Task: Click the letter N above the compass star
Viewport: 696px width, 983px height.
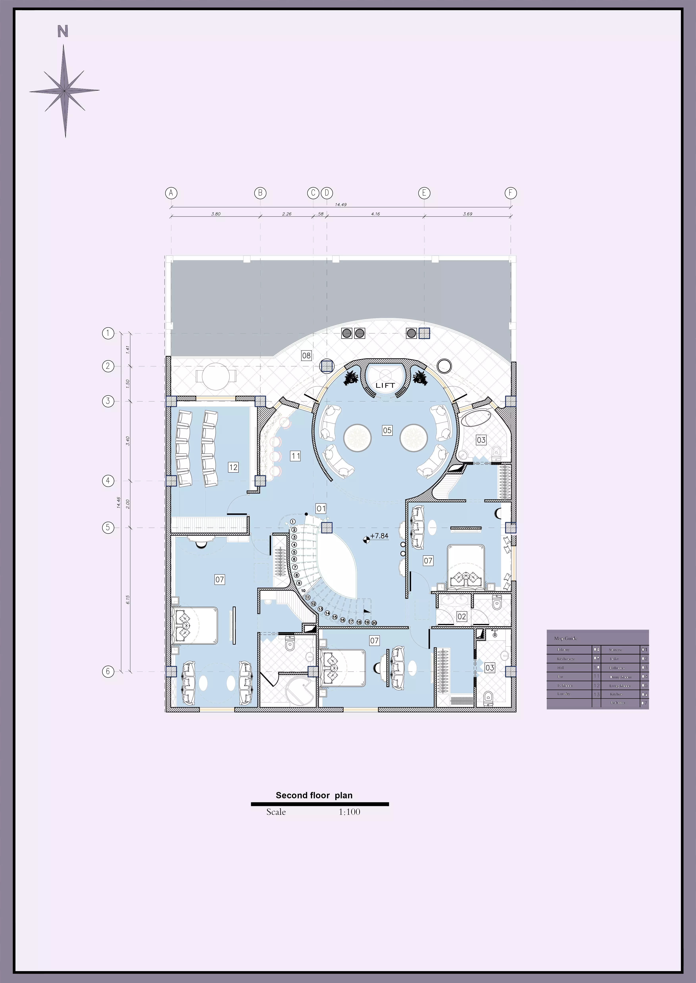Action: click(63, 32)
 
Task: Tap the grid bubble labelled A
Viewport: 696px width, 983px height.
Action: click(171, 193)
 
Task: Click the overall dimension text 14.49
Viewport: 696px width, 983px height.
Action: click(341, 205)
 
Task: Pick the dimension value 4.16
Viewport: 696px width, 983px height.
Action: click(375, 214)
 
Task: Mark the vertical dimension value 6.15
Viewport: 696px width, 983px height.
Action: click(128, 600)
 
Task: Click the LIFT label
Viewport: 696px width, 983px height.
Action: click(385, 385)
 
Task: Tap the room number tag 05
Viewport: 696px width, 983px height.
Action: click(387, 430)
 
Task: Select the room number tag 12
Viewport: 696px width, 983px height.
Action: click(233, 467)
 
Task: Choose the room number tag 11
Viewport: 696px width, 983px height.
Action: click(296, 456)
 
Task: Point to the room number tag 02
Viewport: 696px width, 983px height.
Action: click(461, 616)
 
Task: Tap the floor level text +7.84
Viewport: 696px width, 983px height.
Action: click(379, 536)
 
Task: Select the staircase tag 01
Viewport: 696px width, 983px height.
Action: click(321, 509)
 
